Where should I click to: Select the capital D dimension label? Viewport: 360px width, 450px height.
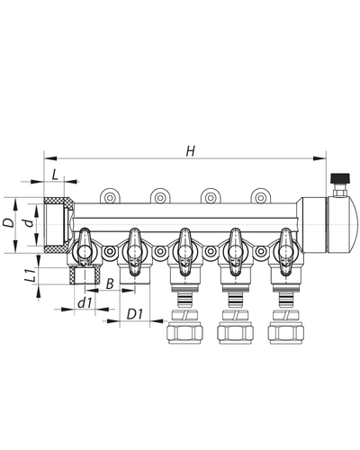tap(9, 221)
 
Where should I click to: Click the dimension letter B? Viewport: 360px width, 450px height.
tap(109, 284)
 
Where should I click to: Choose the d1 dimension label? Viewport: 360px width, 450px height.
tap(84, 303)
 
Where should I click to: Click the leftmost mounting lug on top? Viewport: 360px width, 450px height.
tap(111, 193)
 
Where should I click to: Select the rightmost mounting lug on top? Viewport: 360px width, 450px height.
tap(260, 193)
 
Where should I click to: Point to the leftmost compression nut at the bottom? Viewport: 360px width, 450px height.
tap(184, 329)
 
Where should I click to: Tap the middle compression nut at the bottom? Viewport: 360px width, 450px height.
tap(235, 329)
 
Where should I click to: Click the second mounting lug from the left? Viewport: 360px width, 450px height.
tap(160, 193)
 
